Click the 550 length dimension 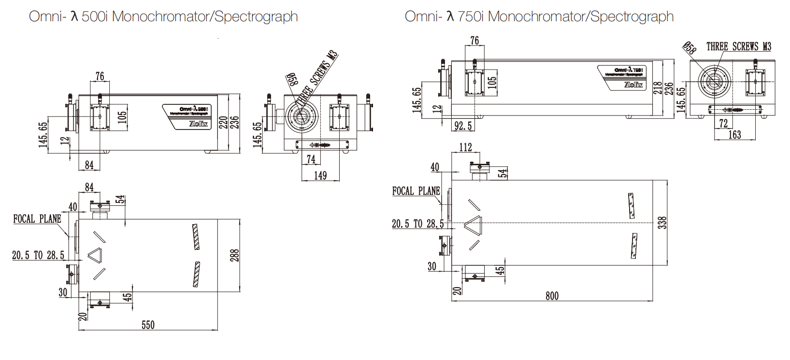(148, 325)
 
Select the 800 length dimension (552, 296)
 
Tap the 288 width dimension (235, 255)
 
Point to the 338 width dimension (663, 222)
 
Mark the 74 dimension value (311, 159)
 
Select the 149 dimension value (320, 175)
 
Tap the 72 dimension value (723, 123)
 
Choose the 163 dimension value (734, 134)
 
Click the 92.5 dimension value (463, 126)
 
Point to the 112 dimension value (465, 147)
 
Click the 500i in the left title (96, 17)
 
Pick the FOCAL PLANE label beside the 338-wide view (416, 191)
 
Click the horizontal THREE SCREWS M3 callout (739, 46)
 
